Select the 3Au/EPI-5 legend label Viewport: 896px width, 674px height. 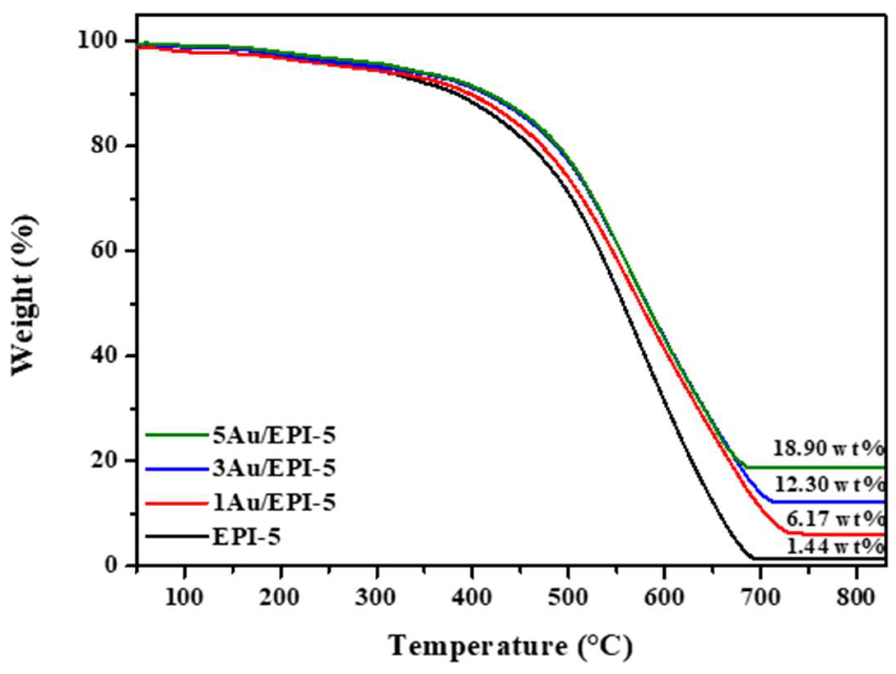coord(274,468)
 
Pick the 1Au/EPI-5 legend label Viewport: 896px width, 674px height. coord(274,502)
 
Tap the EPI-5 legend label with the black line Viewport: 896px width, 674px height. coord(247,536)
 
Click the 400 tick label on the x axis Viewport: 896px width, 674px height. coord(472,597)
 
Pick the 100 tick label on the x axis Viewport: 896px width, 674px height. coord(184,597)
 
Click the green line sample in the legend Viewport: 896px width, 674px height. coord(177,435)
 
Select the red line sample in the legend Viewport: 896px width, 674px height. coord(177,503)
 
